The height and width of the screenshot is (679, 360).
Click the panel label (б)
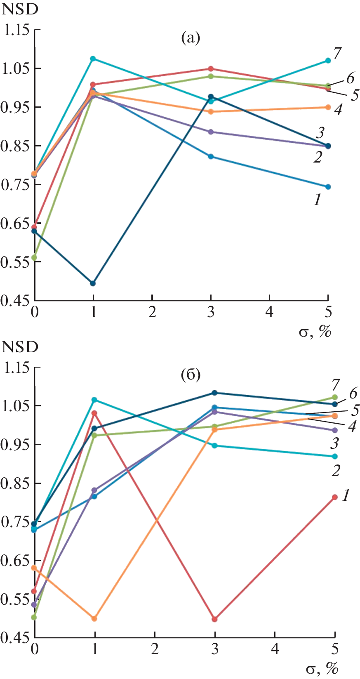tap(190, 375)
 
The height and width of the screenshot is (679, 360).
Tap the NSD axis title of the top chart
tap(20, 9)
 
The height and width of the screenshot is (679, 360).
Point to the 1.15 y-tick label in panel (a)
tap(16, 30)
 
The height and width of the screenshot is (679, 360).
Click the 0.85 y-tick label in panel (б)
tap(16, 483)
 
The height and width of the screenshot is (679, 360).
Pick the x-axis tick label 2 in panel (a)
tap(152, 312)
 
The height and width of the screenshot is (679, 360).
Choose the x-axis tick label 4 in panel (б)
tap(275, 650)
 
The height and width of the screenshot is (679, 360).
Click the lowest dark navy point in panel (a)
tap(93, 283)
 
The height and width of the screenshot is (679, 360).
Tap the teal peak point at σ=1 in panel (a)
tap(93, 59)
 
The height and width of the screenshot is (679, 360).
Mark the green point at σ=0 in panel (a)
tap(35, 258)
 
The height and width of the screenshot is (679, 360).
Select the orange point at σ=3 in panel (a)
tap(211, 112)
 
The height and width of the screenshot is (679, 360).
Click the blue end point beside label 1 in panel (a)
tap(328, 187)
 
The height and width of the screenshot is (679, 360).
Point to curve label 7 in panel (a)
tap(337, 53)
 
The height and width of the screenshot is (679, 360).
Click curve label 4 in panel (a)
tap(338, 110)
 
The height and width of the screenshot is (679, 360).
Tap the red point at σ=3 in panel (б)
tap(214, 619)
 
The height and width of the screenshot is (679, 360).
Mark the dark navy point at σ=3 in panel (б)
tap(214, 393)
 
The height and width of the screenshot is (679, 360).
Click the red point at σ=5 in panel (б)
tap(335, 497)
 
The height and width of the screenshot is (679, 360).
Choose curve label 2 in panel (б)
tap(336, 470)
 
